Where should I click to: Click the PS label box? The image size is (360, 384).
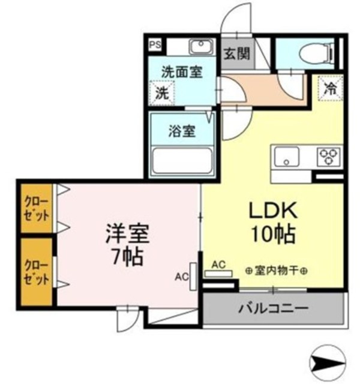tap(154, 44)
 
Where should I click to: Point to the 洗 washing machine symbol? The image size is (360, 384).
tap(161, 93)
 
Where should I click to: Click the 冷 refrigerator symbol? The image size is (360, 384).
tap(329, 89)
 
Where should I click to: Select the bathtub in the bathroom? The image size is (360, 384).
tap(182, 161)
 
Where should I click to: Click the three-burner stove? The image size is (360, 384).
tap(328, 157)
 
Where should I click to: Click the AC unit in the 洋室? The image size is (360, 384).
tap(193, 277)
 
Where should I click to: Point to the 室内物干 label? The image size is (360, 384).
tap(277, 271)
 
